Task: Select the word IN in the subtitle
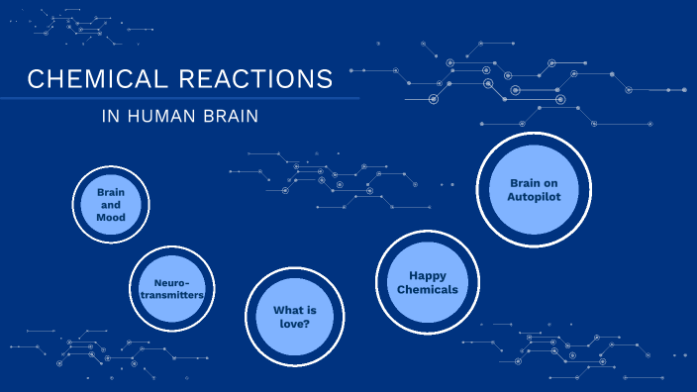pyautogui.click(x=109, y=116)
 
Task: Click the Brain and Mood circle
pyautogui.click(x=109, y=203)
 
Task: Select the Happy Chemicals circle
pyautogui.click(x=427, y=281)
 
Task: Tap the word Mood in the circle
pyautogui.click(x=109, y=217)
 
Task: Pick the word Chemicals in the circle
pyautogui.click(x=427, y=290)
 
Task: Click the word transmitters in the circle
pyautogui.click(x=172, y=295)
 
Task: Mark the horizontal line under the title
pyautogui.click(x=178, y=98)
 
